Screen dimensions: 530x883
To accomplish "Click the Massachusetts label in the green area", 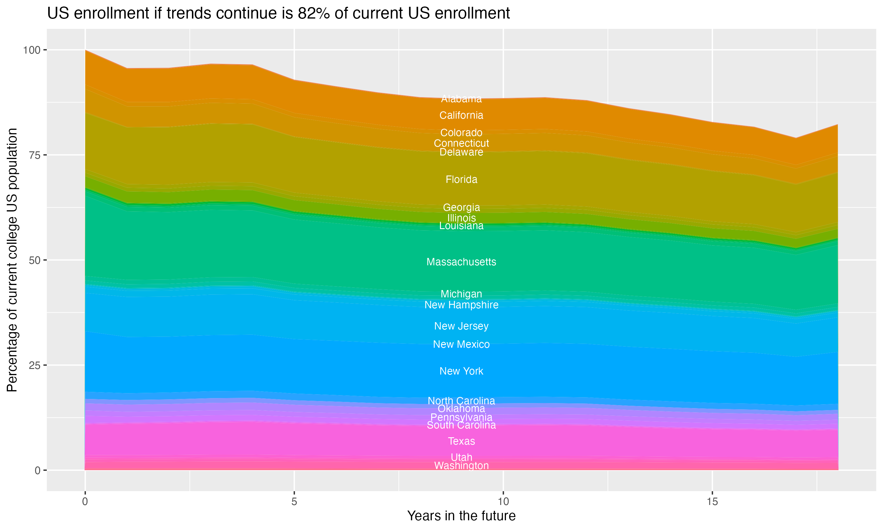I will point(461,262).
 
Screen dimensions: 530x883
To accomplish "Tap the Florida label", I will point(461,179).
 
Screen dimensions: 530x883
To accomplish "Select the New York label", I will point(461,371).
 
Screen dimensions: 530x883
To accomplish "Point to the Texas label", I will point(461,441).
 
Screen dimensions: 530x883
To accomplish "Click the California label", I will point(461,115).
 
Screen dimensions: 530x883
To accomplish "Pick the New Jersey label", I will point(461,326).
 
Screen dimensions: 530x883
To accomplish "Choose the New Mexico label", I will point(461,344).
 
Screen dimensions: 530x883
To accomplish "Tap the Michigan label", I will point(461,294).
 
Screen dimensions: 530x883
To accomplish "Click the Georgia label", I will point(461,207).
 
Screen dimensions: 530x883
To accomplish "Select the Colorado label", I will point(461,132).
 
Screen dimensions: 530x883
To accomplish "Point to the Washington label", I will point(461,466).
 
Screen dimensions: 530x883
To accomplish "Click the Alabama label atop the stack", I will point(461,99).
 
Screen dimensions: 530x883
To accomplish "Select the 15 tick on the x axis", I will point(712,502).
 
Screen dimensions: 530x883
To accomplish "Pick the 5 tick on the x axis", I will point(294,502).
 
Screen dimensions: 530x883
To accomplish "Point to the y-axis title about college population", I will point(12,260).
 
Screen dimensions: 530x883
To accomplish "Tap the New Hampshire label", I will point(461,305).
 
